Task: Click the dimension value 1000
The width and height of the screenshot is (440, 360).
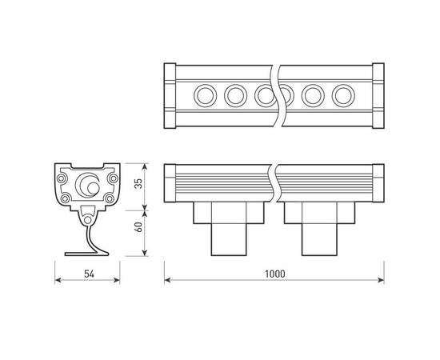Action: coord(274,274)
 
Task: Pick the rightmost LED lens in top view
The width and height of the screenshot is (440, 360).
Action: coord(345,96)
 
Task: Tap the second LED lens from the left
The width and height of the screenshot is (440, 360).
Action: coord(235,96)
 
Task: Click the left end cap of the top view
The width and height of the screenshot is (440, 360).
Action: coord(169,96)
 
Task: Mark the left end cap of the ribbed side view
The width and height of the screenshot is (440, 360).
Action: coord(169,183)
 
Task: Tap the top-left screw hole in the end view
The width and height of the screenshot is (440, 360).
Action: coord(63,172)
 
